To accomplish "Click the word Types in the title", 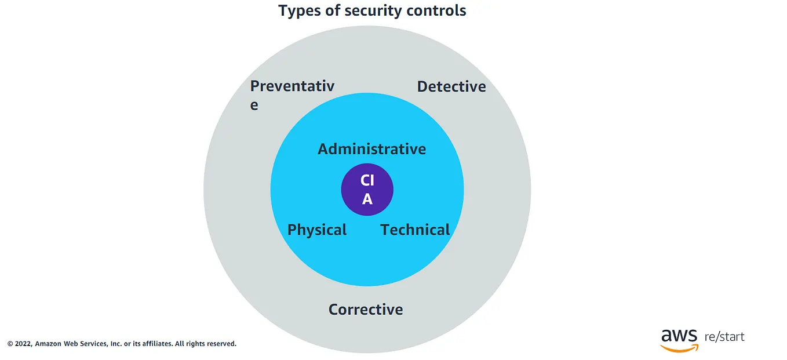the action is [x=300, y=11].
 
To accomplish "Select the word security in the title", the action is [x=373, y=10].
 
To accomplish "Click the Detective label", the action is [x=451, y=86].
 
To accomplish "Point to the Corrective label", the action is [x=366, y=310].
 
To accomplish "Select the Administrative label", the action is [x=371, y=149].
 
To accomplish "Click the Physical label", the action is [x=317, y=230].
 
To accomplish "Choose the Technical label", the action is [x=415, y=230].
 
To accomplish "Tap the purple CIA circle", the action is [x=367, y=190].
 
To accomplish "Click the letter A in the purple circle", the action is [x=367, y=199].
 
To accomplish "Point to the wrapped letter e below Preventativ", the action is [x=254, y=106].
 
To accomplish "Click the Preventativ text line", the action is [x=292, y=86].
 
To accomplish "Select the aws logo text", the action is [x=679, y=336].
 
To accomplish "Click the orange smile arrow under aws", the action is [x=679, y=348].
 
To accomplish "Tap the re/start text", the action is [x=724, y=337].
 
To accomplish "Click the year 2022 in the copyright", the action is [x=24, y=344].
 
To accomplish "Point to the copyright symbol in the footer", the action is [x=10, y=344].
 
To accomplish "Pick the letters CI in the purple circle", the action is [x=367, y=180].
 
